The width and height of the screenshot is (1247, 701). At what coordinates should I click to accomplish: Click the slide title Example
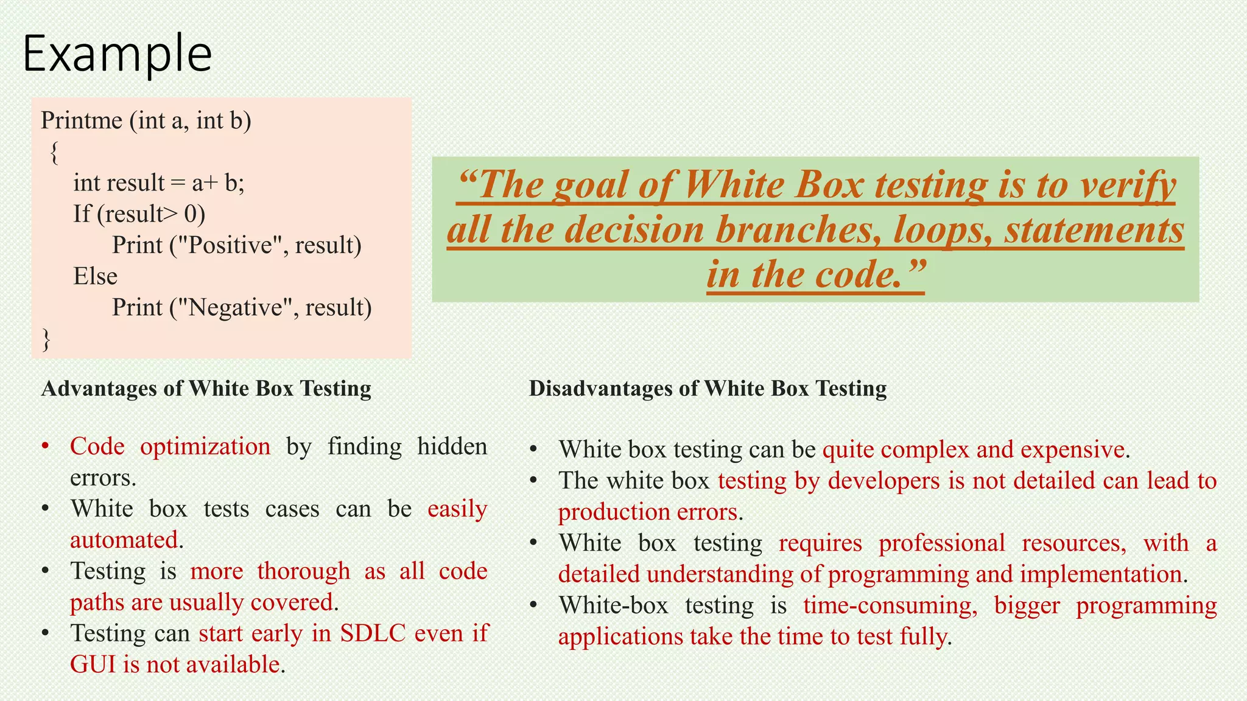pos(117,54)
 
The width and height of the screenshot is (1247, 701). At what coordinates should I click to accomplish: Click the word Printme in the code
pos(82,120)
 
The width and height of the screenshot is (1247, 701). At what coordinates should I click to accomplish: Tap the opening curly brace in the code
pos(55,152)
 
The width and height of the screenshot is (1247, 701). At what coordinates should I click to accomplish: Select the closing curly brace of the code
pos(46,339)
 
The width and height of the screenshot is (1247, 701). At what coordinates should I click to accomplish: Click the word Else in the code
pos(95,276)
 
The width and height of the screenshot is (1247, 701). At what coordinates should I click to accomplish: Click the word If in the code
pos(82,214)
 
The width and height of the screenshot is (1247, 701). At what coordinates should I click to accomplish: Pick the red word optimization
pos(205,447)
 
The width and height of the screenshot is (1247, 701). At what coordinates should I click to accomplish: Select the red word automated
pos(124,540)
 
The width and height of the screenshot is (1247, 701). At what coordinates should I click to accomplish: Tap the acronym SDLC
pos(373,633)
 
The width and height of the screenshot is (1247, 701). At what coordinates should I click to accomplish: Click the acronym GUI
pos(93,664)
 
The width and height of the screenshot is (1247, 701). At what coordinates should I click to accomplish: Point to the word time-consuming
pos(890,605)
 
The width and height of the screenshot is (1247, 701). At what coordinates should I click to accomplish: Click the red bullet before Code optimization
pos(45,447)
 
